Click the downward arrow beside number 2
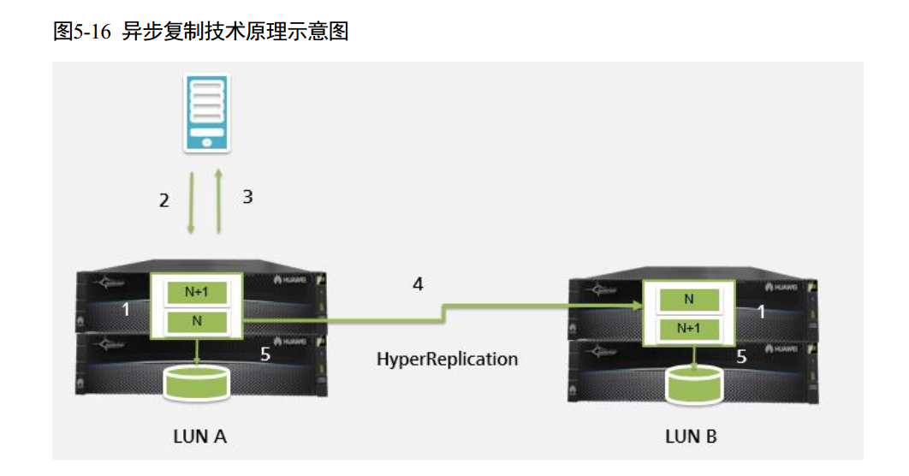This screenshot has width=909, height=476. pyautogui.click(x=191, y=203)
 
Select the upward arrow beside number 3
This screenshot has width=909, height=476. pyautogui.click(x=219, y=203)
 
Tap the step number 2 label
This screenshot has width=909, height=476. pyautogui.click(x=164, y=201)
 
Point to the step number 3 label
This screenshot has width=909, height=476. pyautogui.click(x=247, y=197)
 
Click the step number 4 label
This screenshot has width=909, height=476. pyautogui.click(x=418, y=284)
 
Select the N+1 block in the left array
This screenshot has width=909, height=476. pyautogui.click(x=197, y=292)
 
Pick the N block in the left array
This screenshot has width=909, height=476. pyautogui.click(x=197, y=323)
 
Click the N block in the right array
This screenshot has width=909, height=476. pyautogui.click(x=688, y=299)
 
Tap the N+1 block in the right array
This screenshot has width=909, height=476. pyautogui.click(x=688, y=328)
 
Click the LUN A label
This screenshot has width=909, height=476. pyautogui.click(x=199, y=437)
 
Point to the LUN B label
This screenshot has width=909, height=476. pyautogui.click(x=691, y=437)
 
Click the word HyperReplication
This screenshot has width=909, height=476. pyautogui.click(x=447, y=359)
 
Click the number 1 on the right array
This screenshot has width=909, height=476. pyautogui.click(x=761, y=312)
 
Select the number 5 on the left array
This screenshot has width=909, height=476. pyautogui.click(x=265, y=354)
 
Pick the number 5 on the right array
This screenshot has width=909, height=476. pyautogui.click(x=741, y=358)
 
